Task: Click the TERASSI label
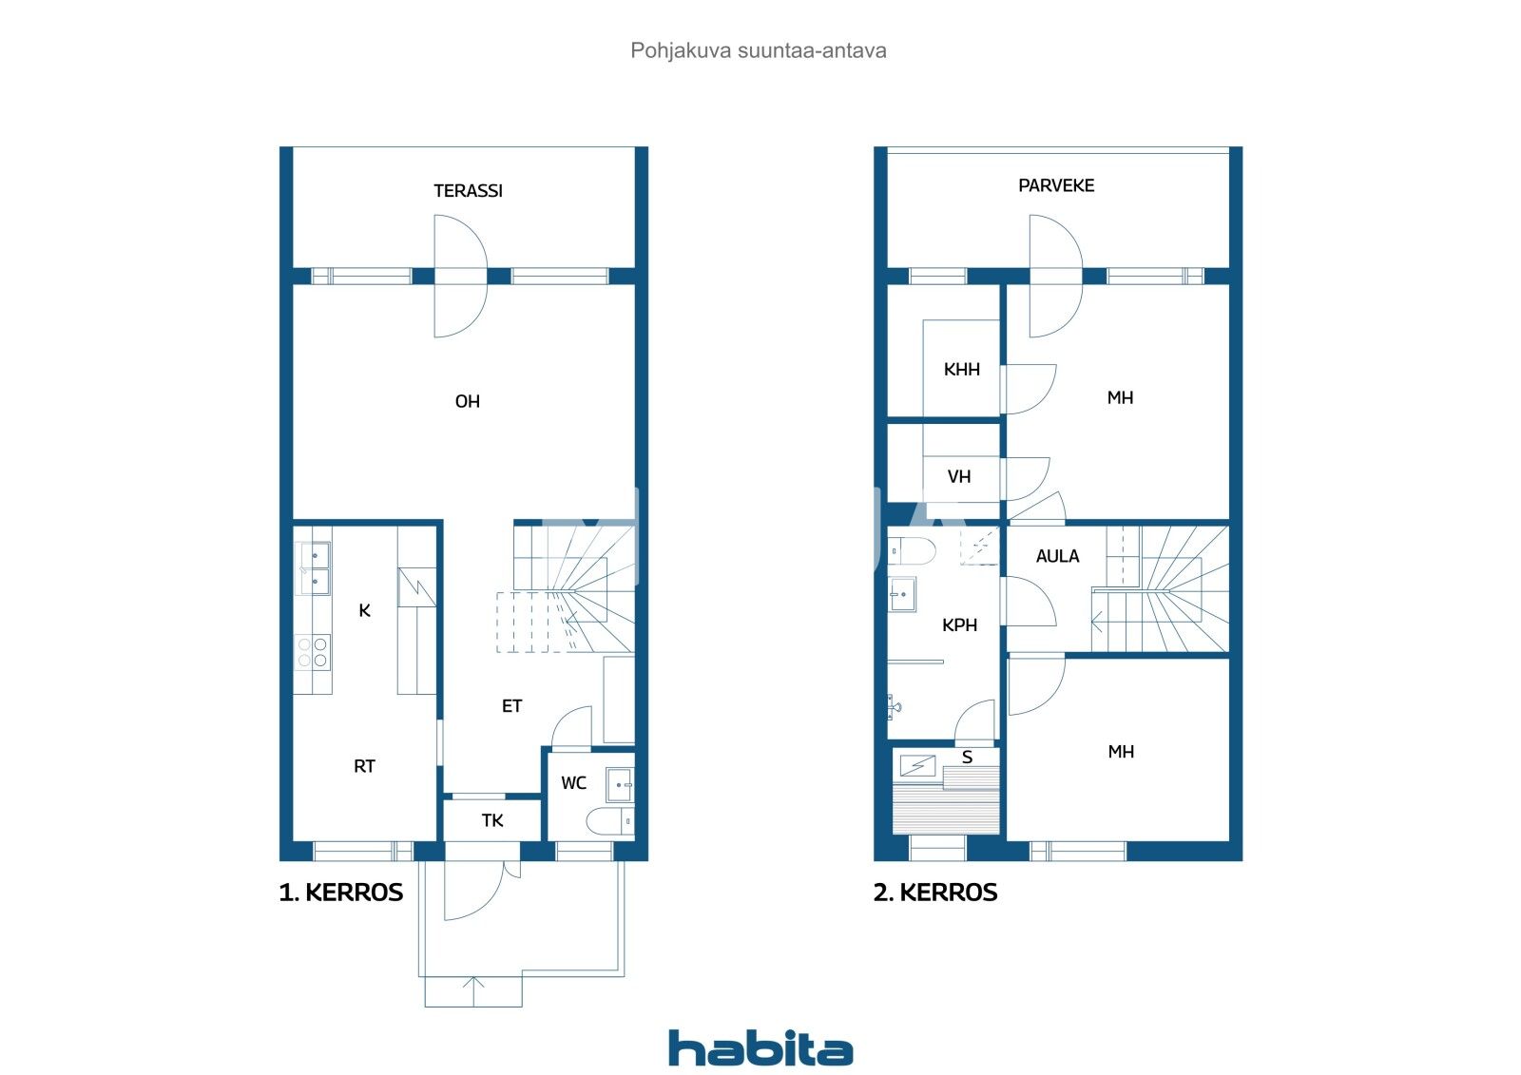(468, 191)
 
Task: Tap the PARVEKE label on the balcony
(1056, 185)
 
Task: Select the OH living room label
(467, 402)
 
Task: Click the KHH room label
(961, 370)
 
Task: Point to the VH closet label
(959, 477)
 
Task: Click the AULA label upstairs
(1057, 556)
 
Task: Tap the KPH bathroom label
(959, 625)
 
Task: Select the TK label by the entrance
(492, 821)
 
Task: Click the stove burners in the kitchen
(313, 652)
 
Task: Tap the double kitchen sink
(313, 567)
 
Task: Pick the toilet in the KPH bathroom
(912, 550)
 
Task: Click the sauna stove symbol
(918, 765)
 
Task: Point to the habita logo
(760, 1048)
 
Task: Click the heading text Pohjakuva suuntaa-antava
(758, 50)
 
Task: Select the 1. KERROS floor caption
(341, 893)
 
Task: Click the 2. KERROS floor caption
(935, 893)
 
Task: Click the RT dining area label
(364, 766)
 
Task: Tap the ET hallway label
(511, 706)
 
